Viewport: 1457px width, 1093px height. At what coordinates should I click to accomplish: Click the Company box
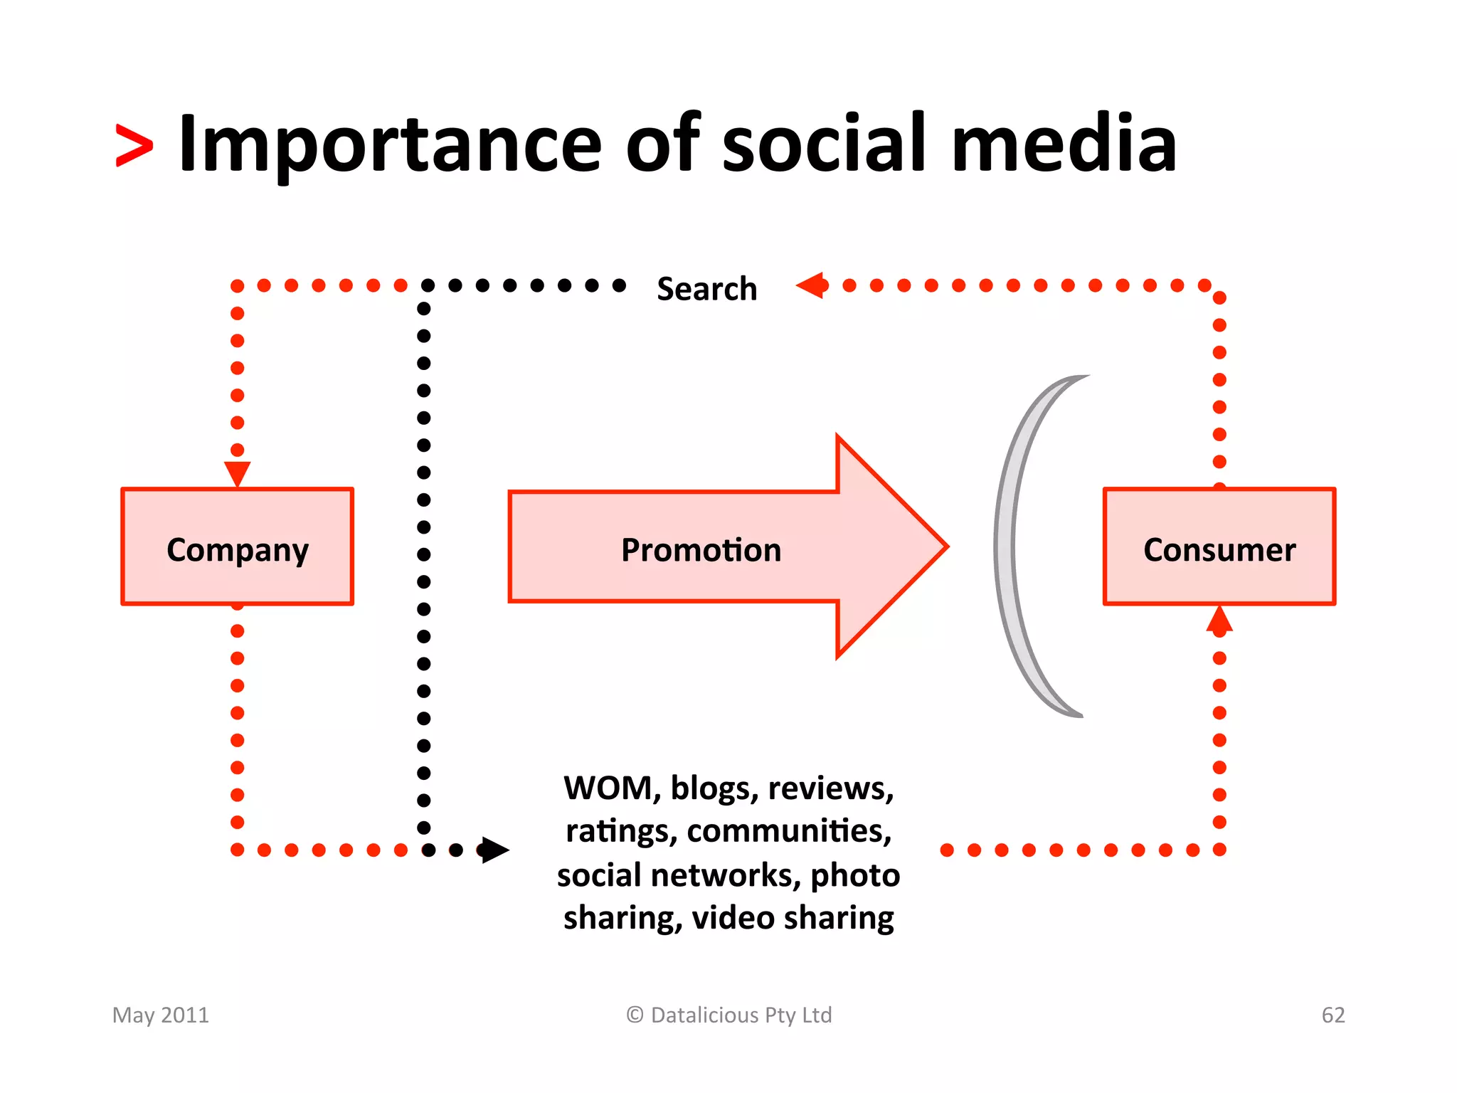[x=237, y=546]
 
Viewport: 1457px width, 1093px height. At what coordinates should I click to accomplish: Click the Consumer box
[x=1219, y=546]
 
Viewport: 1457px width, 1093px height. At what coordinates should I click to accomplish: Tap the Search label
[x=706, y=289]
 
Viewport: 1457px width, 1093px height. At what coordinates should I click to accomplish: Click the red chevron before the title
[x=134, y=146]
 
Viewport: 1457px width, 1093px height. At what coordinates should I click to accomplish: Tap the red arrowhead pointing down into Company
[x=237, y=472]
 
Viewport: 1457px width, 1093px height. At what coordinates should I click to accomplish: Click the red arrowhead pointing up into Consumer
[x=1219, y=620]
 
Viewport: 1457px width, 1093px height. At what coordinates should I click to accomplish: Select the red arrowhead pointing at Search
[x=811, y=285]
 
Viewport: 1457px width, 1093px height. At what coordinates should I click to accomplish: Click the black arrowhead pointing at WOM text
[x=494, y=850]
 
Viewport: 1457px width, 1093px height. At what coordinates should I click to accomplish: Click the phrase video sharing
[x=793, y=918]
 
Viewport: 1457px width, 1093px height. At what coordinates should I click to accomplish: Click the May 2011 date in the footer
[x=161, y=1015]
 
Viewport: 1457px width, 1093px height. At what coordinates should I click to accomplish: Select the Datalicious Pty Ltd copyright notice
[x=728, y=1015]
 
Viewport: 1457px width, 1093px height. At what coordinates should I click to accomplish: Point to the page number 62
[x=1333, y=1015]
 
